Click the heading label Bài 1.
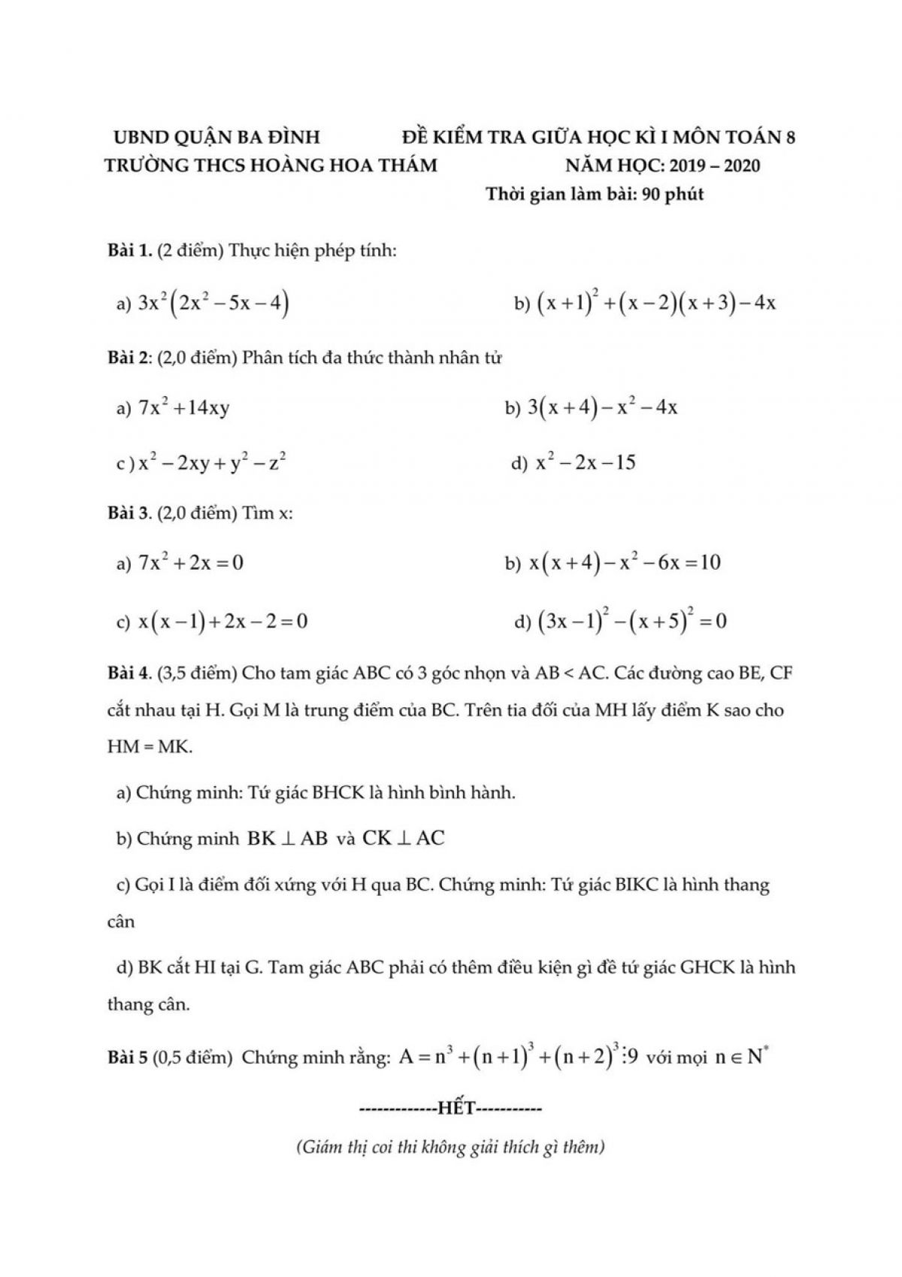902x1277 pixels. (129, 251)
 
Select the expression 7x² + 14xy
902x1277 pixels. (184, 408)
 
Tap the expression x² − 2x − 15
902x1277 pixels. (585, 462)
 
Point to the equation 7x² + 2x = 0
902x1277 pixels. (191, 562)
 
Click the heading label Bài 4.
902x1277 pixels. (130, 673)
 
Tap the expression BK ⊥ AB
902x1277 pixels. (287, 839)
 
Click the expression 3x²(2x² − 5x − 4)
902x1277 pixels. (213, 303)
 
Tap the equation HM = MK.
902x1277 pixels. (150, 748)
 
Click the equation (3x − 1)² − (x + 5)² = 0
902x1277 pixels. (631, 622)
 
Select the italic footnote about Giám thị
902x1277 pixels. (450, 1148)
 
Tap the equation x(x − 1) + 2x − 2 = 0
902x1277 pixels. (223, 622)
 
